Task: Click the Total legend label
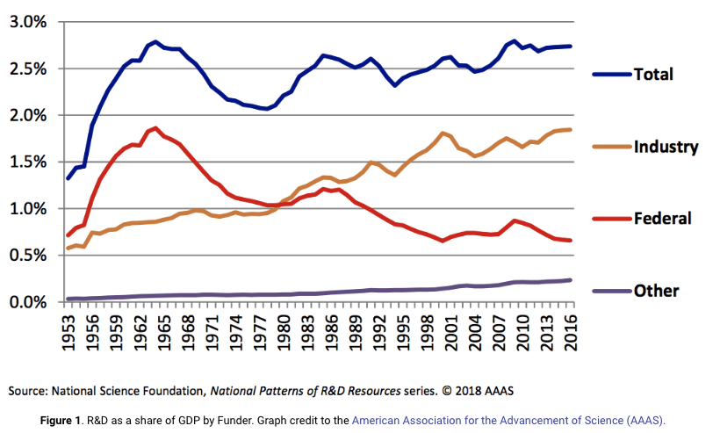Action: tap(653, 75)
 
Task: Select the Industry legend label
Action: tap(666, 147)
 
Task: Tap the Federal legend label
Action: tap(662, 219)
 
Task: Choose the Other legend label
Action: tap(656, 291)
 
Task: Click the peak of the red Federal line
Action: tap(155, 128)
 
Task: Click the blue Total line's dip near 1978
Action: tap(266, 109)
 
